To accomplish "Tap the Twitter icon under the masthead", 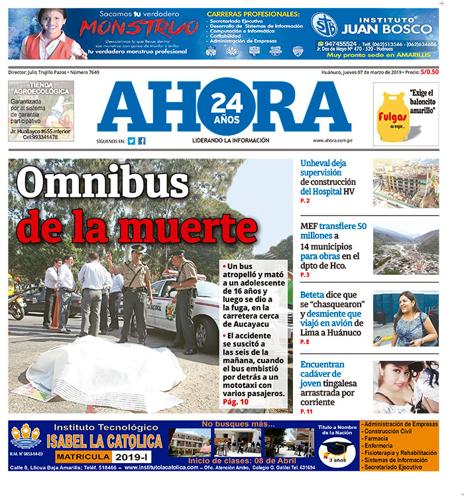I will coord(132,141).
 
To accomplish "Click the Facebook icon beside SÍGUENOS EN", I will coord(142,141).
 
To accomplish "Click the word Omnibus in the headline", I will coord(102,184).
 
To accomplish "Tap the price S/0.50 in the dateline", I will coord(430,72).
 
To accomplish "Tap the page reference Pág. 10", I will coord(236,402).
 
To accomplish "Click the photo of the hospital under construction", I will coord(405,183).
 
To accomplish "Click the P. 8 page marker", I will coord(305,342).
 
